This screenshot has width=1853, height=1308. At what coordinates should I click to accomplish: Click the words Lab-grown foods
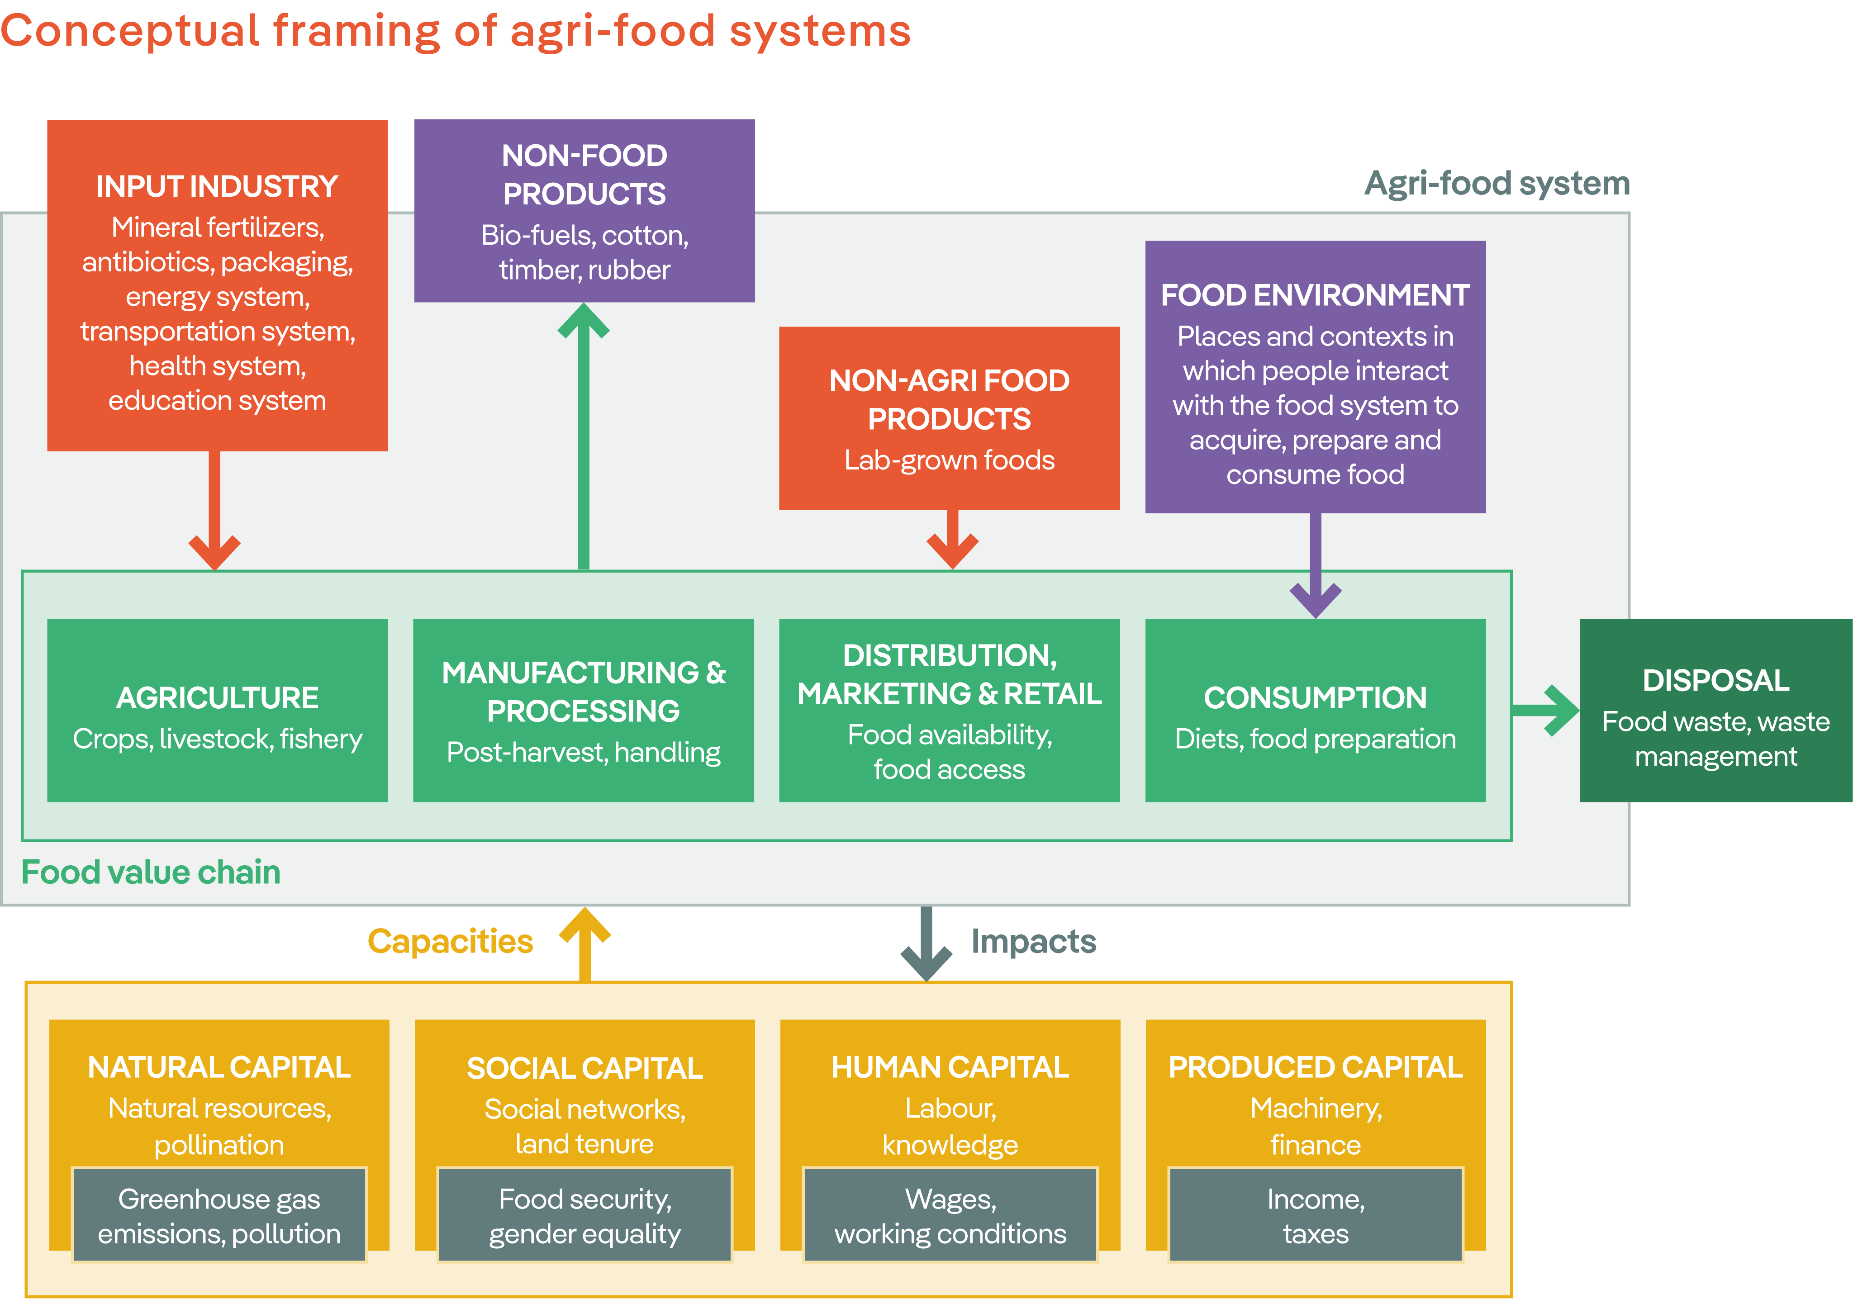click(949, 460)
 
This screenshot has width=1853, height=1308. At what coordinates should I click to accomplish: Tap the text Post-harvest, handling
click(584, 752)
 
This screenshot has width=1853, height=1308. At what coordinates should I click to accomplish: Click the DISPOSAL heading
click(1716, 680)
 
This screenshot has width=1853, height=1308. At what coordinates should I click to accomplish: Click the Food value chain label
click(151, 872)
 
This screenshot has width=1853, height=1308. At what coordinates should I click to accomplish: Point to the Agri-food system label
click(1497, 183)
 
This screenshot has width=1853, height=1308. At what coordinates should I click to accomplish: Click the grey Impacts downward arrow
click(926, 944)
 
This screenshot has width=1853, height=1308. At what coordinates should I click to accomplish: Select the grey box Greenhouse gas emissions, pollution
click(219, 1215)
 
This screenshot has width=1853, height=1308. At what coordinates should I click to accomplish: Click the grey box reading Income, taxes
click(1316, 1215)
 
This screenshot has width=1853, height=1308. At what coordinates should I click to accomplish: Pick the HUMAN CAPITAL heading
click(950, 1067)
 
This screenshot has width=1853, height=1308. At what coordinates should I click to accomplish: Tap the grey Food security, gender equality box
click(584, 1215)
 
